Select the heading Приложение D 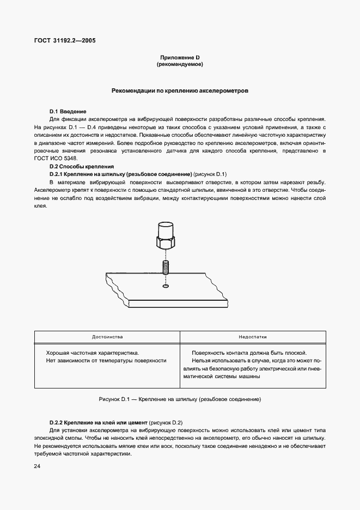[x=180, y=57]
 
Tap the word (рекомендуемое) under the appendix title [x=180, y=64]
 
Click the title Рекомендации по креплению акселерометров [x=180, y=91]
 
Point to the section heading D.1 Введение [x=68, y=111]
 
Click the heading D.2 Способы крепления [x=81, y=166]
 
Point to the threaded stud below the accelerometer [x=166, y=269]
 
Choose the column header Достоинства [x=107, y=337]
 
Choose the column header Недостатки [x=253, y=337]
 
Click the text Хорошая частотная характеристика [x=89, y=353]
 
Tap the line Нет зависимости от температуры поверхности [x=106, y=360]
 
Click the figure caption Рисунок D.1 [x=180, y=399]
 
